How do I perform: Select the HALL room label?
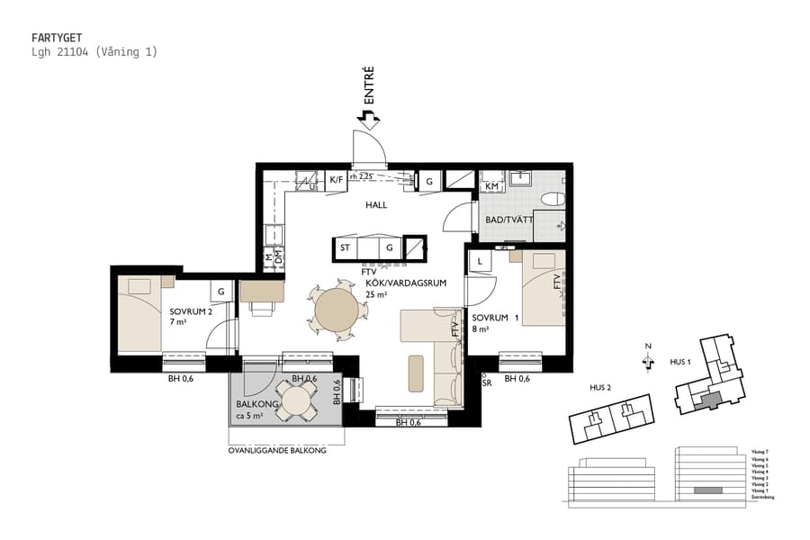[376, 205]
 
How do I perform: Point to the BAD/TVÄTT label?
[508, 220]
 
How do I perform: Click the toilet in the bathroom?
[553, 199]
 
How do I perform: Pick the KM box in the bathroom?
[492, 186]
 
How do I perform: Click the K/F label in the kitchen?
[336, 180]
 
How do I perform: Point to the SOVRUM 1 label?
[496, 318]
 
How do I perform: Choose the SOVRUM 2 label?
[191, 311]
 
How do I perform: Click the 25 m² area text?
[376, 294]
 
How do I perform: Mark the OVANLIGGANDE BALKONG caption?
[277, 451]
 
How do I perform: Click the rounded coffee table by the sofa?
[416, 373]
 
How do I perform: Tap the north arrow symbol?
[647, 359]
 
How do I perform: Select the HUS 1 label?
[680, 361]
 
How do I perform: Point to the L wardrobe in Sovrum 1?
[481, 261]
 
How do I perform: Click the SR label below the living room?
[487, 382]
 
